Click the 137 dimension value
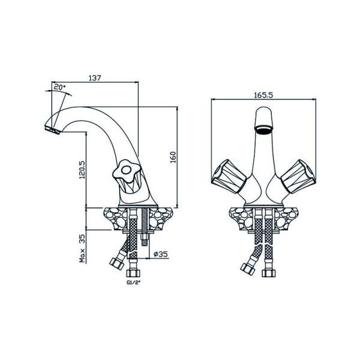tap(95, 78)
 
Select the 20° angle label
tap(59, 87)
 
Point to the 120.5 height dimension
tap(82, 169)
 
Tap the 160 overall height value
tap(173, 157)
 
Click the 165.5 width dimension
tap(263, 95)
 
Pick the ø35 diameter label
tap(160, 254)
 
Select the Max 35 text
tap(82, 248)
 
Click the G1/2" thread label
tap(133, 283)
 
